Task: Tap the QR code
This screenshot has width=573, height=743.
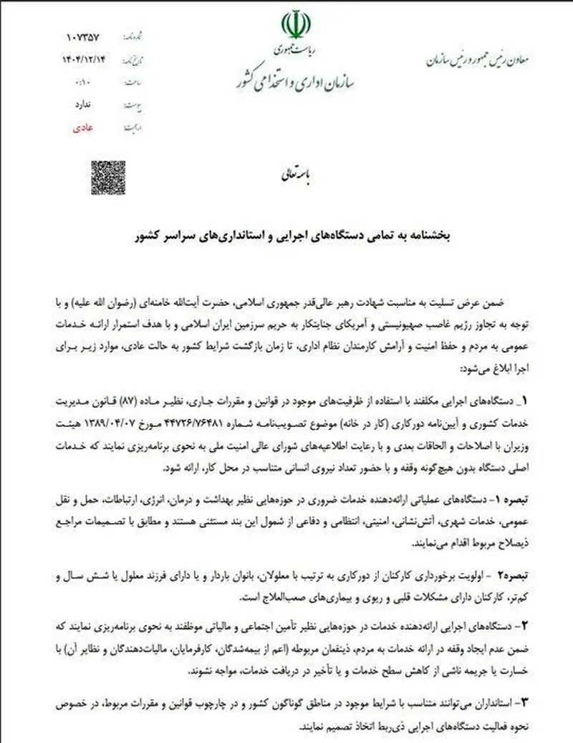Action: pos(108,177)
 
